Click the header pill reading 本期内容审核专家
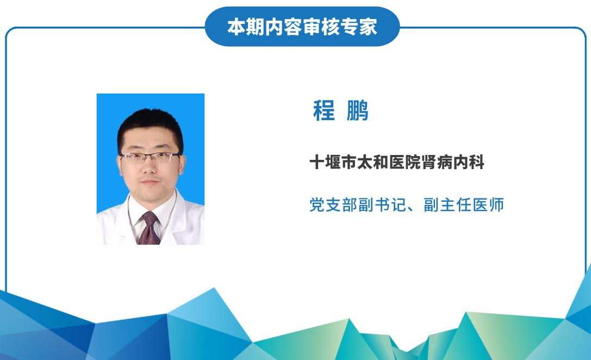click(x=302, y=27)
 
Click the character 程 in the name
click(x=324, y=110)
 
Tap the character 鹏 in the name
click(x=357, y=110)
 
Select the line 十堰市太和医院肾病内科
click(x=397, y=163)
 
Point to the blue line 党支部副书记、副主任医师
click(x=407, y=205)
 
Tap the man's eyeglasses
click(x=150, y=157)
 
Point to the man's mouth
click(x=150, y=183)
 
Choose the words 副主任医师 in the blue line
click(x=464, y=205)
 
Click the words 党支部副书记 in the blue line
click(x=358, y=205)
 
